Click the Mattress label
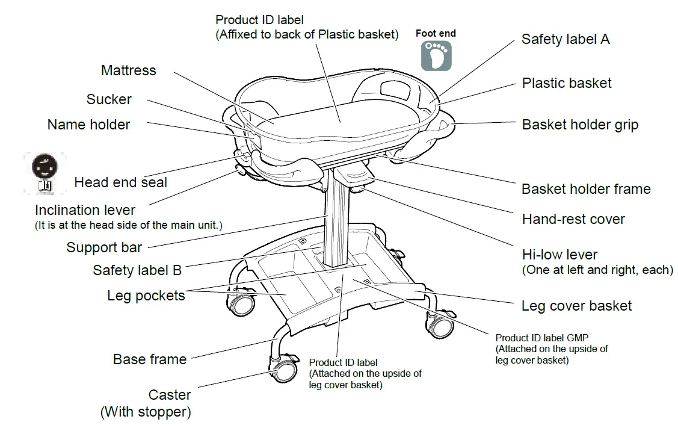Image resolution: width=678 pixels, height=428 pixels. [x=128, y=70]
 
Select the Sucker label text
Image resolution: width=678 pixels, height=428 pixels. [x=109, y=99]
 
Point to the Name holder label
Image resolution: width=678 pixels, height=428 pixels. [x=88, y=125]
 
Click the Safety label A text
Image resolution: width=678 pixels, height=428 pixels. [x=565, y=39]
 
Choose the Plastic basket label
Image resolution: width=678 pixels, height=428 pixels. [x=566, y=83]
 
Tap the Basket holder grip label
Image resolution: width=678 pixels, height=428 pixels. [x=580, y=125]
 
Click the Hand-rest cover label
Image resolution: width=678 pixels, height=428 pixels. [x=573, y=219]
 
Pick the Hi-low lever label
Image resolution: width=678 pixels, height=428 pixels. [x=559, y=254]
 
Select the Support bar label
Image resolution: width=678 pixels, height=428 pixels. [x=104, y=247]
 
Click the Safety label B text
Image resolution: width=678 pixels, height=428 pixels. [x=137, y=270]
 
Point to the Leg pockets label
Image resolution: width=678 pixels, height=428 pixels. [x=146, y=296]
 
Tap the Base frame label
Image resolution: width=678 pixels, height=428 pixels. [x=149, y=359]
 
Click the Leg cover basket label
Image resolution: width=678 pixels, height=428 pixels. [x=576, y=306]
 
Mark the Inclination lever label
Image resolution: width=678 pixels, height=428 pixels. [x=85, y=210]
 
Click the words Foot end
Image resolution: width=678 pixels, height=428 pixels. [x=436, y=34]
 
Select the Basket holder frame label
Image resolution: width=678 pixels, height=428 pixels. [x=585, y=189]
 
